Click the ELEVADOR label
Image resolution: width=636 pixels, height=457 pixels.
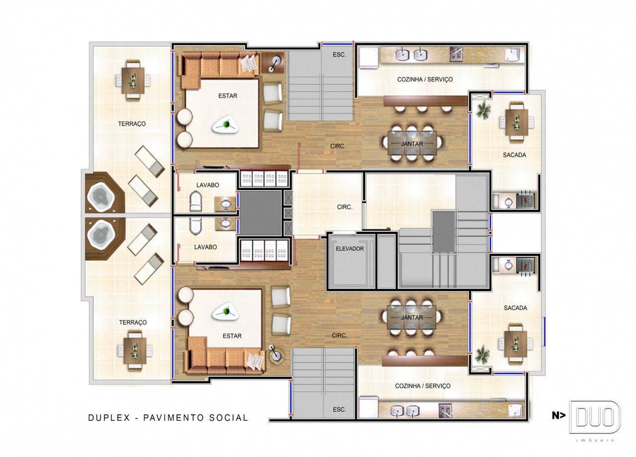pos(349,249)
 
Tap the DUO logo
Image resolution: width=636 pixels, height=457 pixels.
pos(595,417)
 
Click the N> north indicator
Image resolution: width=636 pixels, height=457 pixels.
pos(558,416)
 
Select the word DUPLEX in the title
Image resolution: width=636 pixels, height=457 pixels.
pos(109,418)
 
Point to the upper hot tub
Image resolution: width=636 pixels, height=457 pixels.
pos(100,196)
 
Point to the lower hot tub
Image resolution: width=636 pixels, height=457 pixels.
pos(100,234)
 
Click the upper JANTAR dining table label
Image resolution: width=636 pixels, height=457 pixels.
pos(412,144)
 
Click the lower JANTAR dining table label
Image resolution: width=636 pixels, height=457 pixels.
pos(412,317)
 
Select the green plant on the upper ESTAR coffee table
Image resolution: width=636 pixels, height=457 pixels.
pos(226,124)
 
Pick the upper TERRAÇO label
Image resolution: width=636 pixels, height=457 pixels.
pos(132,124)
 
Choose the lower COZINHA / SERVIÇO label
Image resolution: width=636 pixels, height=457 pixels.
pos(423,386)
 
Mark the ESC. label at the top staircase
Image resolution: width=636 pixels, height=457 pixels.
pos(339,55)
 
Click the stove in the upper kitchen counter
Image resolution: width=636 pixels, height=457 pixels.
pos(456,55)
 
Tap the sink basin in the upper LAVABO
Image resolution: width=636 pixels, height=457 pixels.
pos(226,204)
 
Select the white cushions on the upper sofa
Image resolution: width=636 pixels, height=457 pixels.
pos(249,63)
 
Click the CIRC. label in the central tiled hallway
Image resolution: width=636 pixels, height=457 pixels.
pos(344,207)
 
